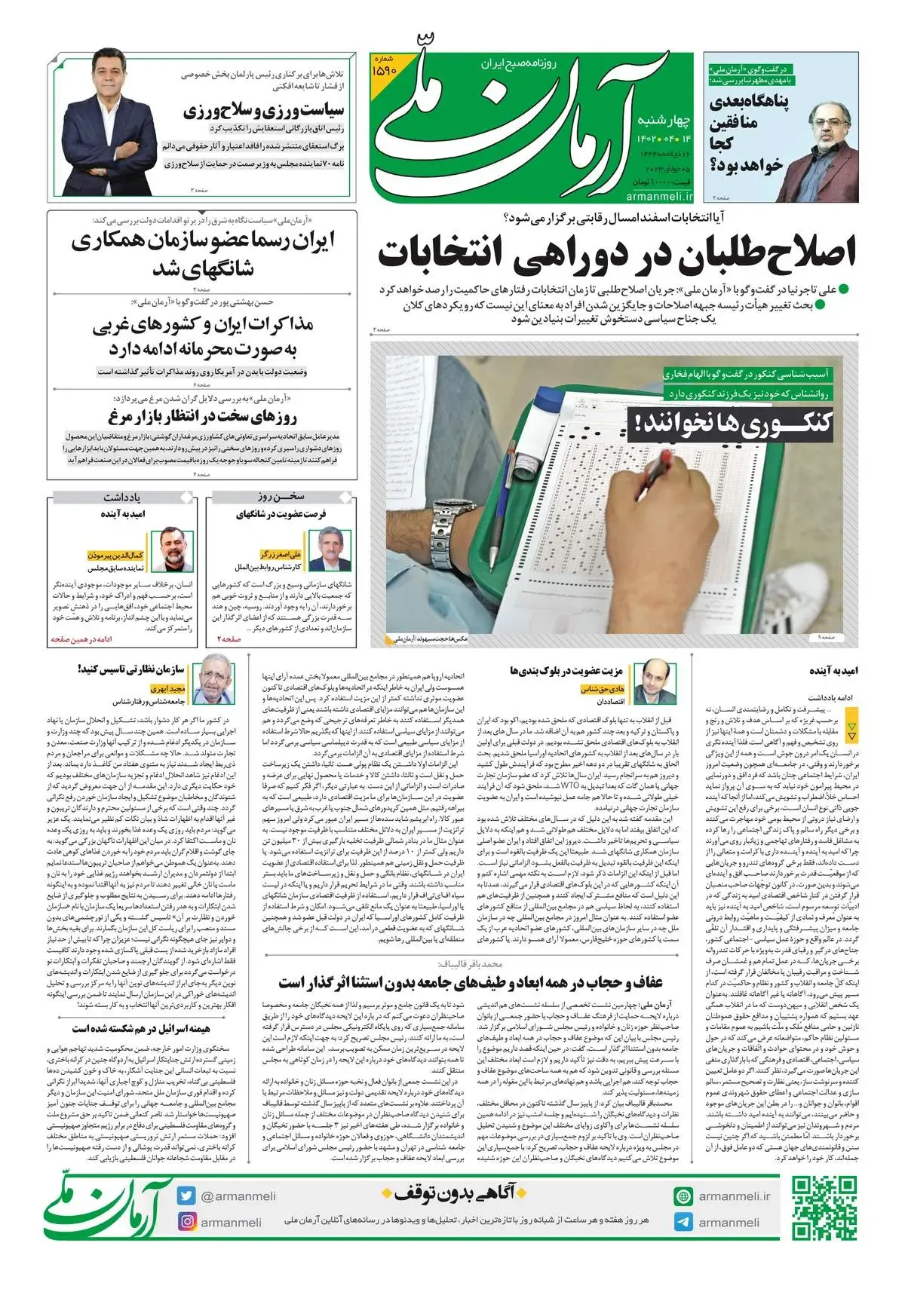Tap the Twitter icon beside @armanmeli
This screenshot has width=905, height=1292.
point(186,1196)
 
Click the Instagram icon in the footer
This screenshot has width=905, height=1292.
point(186,1222)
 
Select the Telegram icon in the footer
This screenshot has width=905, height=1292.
point(683,1222)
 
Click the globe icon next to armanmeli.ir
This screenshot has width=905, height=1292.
point(683,1196)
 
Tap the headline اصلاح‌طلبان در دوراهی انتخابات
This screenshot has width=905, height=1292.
point(617,253)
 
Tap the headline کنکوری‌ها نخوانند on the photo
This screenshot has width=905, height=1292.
point(730,425)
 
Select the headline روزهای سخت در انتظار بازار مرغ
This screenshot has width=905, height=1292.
point(203,417)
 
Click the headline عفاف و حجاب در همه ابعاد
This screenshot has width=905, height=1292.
point(471,983)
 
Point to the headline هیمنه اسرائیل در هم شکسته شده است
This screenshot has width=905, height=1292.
point(142,1028)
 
